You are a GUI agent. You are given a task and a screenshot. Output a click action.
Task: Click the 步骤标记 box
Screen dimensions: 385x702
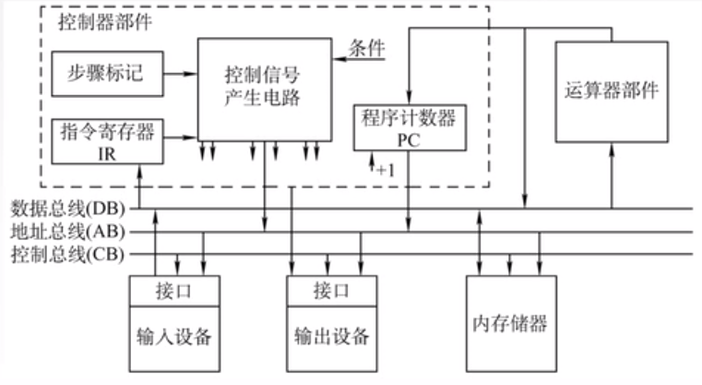point(107,71)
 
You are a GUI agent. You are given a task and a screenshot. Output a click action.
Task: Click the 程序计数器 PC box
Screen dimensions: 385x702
point(409,127)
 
